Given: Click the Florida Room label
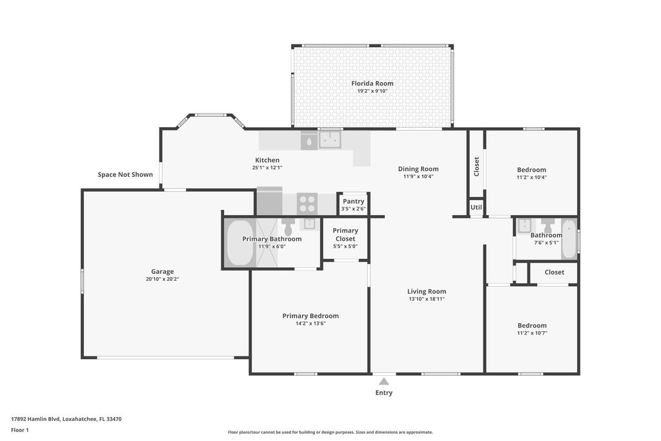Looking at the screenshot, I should click(372, 83).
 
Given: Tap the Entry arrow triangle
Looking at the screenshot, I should click(383, 382).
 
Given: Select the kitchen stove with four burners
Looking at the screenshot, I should click(307, 204).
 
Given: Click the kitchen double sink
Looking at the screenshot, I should click(331, 139).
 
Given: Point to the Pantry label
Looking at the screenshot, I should click(353, 201).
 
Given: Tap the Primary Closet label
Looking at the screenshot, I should click(345, 234).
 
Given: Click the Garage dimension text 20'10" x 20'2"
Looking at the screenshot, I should click(163, 280).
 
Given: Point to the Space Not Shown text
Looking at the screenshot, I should click(125, 174).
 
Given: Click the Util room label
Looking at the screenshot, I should click(476, 207).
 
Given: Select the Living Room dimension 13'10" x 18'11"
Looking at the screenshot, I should click(427, 299).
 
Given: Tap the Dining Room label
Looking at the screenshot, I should click(418, 169).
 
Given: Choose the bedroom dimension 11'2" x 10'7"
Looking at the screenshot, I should click(532, 333).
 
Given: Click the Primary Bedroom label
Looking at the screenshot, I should click(310, 316).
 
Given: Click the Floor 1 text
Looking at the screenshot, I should click(20, 430).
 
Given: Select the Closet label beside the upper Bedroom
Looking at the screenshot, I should click(476, 167).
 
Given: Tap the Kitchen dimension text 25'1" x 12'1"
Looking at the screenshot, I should click(267, 168).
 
